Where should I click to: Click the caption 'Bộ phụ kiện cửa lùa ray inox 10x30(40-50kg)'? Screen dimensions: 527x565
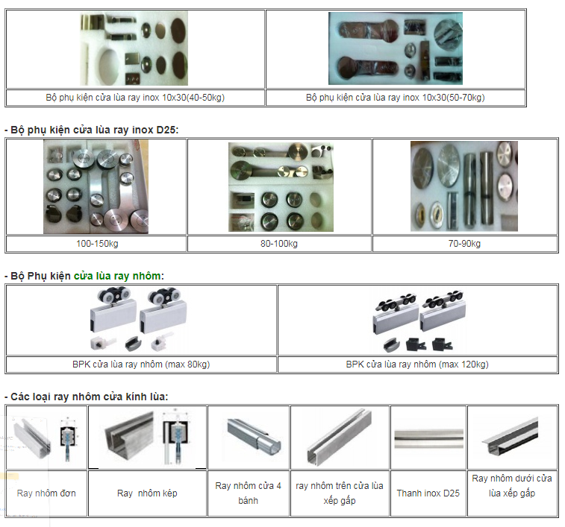click(x=135, y=98)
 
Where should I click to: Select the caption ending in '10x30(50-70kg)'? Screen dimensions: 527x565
click(x=395, y=98)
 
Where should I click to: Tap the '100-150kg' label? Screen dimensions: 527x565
click(x=96, y=244)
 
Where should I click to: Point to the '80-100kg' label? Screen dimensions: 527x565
click(x=279, y=244)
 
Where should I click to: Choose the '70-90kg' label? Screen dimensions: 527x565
click(x=464, y=244)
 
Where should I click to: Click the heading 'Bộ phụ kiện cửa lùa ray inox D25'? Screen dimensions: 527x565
click(x=94, y=130)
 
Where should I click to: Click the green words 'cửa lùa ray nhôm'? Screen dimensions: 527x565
click(x=117, y=276)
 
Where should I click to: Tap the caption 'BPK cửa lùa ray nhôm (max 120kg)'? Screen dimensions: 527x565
click(x=417, y=365)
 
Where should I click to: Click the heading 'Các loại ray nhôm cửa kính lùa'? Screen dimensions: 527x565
click(x=88, y=396)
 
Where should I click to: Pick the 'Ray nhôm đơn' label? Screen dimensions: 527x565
click(x=46, y=493)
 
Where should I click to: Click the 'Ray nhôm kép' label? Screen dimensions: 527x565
click(x=147, y=493)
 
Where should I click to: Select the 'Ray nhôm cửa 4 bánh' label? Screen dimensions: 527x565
click(x=248, y=493)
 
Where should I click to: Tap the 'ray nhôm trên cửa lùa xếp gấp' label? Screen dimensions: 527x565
click(x=340, y=493)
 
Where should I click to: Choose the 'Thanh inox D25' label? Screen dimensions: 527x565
click(x=428, y=493)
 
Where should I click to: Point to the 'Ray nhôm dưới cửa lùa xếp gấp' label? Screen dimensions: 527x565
click(x=512, y=485)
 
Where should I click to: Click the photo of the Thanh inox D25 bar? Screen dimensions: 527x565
click(x=428, y=438)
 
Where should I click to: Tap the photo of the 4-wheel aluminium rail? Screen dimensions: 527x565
click(x=249, y=438)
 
